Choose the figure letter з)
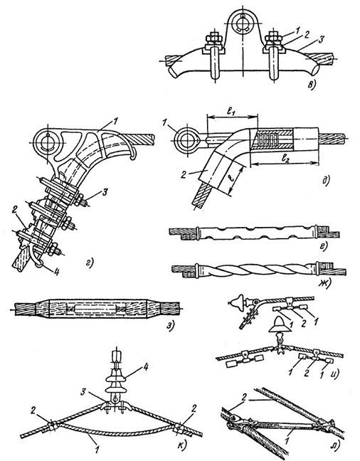click(x=171, y=325)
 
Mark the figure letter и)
click(x=334, y=373)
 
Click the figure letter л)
click(x=334, y=446)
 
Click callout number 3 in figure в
click(x=320, y=39)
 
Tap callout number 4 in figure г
click(x=56, y=271)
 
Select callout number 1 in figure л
click(x=289, y=440)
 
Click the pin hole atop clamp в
click(x=243, y=22)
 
